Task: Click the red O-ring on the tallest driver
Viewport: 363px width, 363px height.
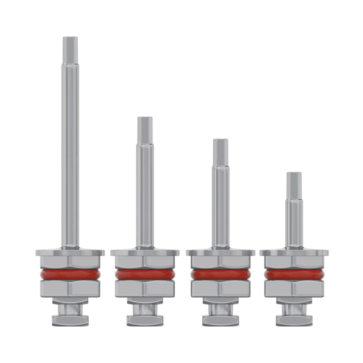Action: tap(71, 274)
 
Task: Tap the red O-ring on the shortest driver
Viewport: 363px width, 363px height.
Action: tap(294, 274)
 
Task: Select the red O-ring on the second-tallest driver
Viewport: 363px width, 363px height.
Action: tap(145, 274)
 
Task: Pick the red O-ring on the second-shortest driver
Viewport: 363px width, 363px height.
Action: tap(220, 274)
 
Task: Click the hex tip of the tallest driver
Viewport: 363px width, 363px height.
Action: tap(71, 50)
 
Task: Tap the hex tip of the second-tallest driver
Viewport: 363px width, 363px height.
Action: tap(145, 129)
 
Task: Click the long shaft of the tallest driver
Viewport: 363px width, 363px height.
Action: tap(71, 156)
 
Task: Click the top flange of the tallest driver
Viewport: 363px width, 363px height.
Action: tap(71, 253)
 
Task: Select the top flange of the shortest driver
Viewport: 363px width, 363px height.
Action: tap(294, 253)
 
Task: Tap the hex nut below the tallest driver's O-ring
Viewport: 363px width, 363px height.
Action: tap(71, 289)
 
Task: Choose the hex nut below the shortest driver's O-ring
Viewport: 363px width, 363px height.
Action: tap(294, 289)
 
